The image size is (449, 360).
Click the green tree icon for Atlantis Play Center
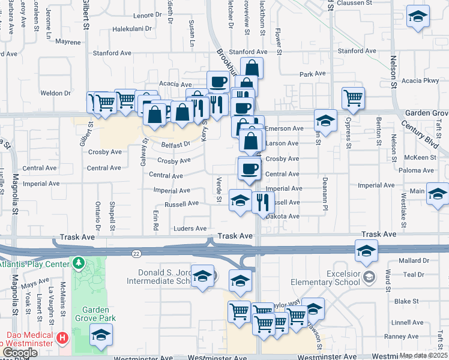pyautogui.click(x=77, y=263)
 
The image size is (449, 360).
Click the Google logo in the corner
pyautogui.click(x=20, y=353)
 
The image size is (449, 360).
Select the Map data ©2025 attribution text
pyautogui.click(x=424, y=355)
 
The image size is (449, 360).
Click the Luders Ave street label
pyautogui.click(x=190, y=229)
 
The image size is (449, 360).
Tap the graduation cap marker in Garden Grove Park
pyautogui.click(x=101, y=336)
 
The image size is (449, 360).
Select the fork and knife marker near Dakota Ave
pyautogui.click(x=262, y=202)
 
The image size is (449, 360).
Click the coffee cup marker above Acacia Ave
pyautogui.click(x=217, y=81)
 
